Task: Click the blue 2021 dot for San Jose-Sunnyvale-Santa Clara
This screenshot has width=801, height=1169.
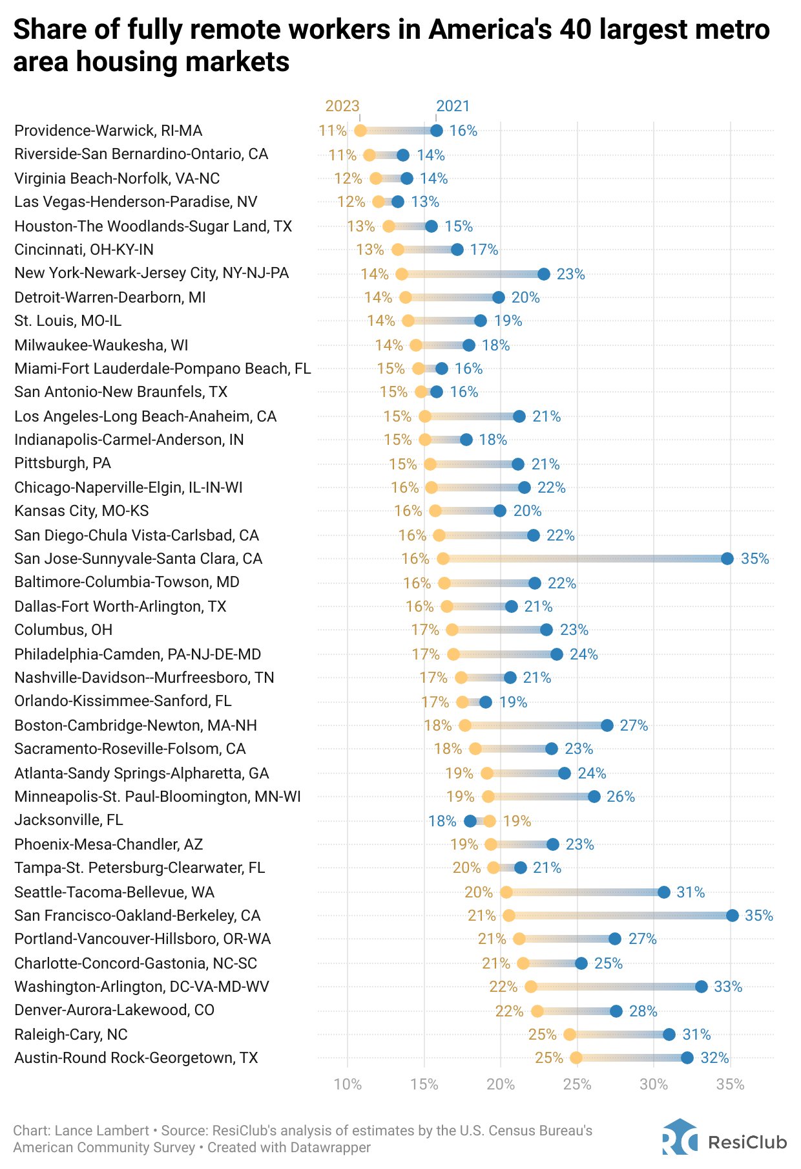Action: coord(727,559)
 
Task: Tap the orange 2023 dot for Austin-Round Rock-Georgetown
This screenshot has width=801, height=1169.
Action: coord(576,1058)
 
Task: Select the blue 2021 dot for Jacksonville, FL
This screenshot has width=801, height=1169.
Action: coord(470,821)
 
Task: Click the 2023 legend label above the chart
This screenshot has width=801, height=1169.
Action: coord(342,106)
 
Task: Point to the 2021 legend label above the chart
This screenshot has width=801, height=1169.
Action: coord(453,106)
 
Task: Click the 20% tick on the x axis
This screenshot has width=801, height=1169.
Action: coord(501,1084)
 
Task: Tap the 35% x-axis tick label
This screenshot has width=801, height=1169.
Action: coord(731,1084)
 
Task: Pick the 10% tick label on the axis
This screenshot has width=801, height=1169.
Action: coord(348,1084)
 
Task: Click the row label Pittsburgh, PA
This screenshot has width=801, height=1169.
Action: coord(63,464)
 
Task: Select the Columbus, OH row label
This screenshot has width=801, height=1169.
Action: coord(63,630)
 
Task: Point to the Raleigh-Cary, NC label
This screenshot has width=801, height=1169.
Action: coord(71,1035)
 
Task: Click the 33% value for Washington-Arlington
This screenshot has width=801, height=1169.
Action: coord(728,987)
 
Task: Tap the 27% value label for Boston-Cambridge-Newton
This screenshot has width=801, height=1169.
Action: coord(634,725)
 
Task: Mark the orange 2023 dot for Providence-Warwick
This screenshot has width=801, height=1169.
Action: coord(360,131)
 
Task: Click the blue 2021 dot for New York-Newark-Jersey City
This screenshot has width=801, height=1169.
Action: coord(544,274)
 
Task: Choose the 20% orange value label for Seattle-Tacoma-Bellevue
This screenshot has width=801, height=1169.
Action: coord(479,892)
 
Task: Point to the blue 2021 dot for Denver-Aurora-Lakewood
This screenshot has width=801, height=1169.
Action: coord(616,1011)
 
